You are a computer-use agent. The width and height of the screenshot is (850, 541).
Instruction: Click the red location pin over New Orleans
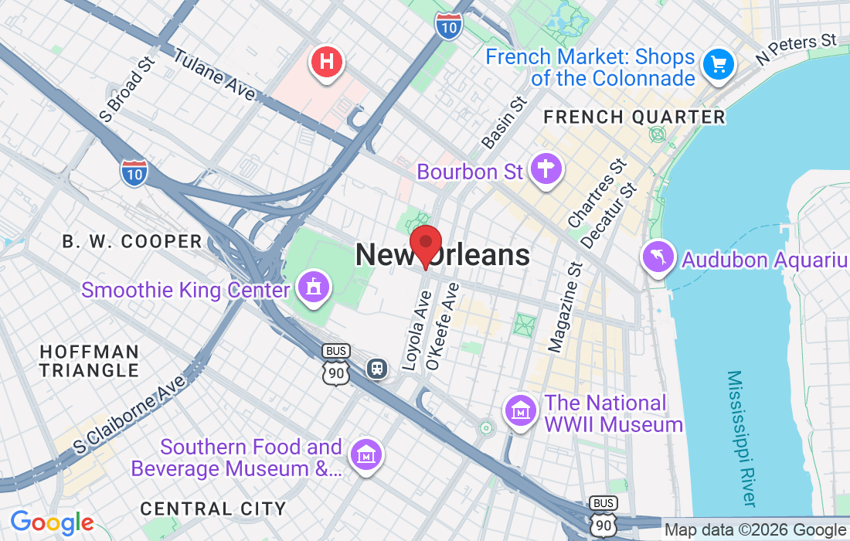[425, 244]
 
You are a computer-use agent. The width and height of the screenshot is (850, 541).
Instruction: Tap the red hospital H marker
[327, 62]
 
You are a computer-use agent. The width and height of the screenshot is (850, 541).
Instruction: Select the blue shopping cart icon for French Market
[719, 66]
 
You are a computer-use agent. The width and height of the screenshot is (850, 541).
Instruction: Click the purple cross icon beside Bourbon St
[546, 168]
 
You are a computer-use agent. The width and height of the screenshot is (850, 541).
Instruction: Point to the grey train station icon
[377, 369]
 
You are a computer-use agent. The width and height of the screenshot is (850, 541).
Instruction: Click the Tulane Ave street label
[214, 75]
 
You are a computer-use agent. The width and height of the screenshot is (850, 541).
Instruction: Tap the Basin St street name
[505, 122]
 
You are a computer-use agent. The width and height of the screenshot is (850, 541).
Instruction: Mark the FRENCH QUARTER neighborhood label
[634, 117]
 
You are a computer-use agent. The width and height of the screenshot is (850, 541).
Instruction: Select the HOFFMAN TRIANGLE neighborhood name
[89, 361]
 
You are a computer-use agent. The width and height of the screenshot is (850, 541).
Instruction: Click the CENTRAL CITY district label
[213, 509]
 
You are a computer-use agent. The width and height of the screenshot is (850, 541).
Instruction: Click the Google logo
[52, 522]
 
